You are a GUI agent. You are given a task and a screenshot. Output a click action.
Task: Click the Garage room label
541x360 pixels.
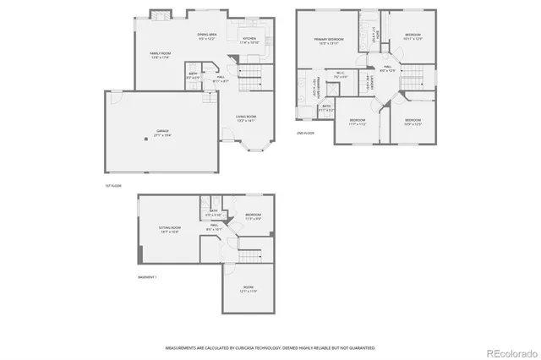[x=161, y=132]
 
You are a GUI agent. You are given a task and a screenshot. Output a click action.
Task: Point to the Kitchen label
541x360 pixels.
[x=249, y=39]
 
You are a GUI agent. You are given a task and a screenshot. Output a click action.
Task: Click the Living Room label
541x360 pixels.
[x=246, y=117]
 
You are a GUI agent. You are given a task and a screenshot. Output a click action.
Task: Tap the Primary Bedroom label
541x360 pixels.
[x=329, y=41]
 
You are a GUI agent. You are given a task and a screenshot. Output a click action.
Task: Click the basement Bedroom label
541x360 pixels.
[x=254, y=216]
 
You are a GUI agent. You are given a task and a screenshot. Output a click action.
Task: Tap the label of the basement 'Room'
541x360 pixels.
[x=249, y=289]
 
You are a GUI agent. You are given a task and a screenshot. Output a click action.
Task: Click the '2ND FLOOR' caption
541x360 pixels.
[x=305, y=134]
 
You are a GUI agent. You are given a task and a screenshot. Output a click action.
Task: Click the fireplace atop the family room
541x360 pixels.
[x=159, y=15]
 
